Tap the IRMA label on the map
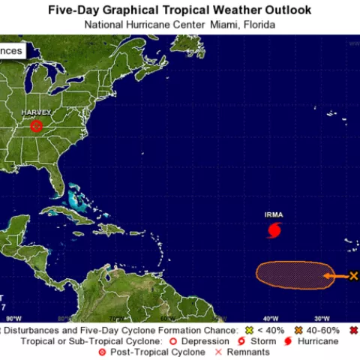(274, 214)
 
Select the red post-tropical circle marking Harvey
(36, 126)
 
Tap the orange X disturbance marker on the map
(354, 276)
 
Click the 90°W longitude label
(13, 318)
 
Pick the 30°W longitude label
(323, 318)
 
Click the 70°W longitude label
(116, 318)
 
